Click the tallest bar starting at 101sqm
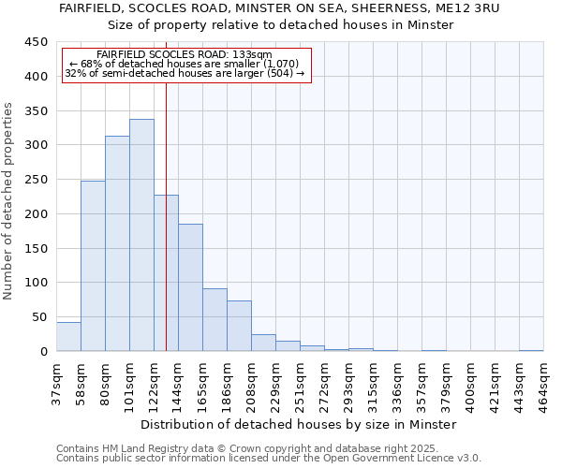pos(141,235)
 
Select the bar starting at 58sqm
pos(93,266)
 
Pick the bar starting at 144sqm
pos(190,287)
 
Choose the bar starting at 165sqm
pos(214,319)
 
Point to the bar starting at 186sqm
pos(239,326)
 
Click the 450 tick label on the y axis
pos(37,42)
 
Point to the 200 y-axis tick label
pos(37,214)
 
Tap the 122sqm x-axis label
pos(155,382)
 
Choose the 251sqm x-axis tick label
pos(301,382)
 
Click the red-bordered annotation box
pos(185,64)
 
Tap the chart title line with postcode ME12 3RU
pos(280,8)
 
